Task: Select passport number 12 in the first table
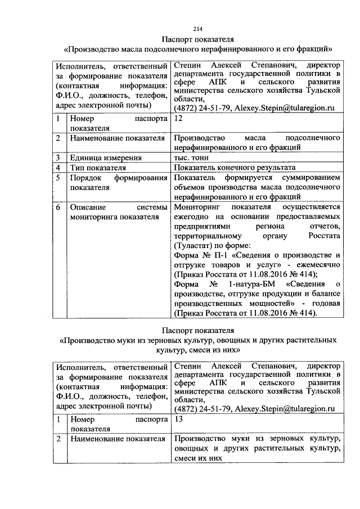pyautogui.click(x=179, y=119)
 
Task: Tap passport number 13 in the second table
pyautogui.click(x=179, y=419)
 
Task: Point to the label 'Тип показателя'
pyautogui.click(x=97, y=168)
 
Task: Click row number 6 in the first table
pyautogui.click(x=58, y=207)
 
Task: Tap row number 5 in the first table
pyautogui.click(x=58, y=178)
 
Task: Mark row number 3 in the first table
pyautogui.click(x=58, y=158)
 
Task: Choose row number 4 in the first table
pyautogui.click(x=58, y=168)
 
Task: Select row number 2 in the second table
pyautogui.click(x=58, y=438)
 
